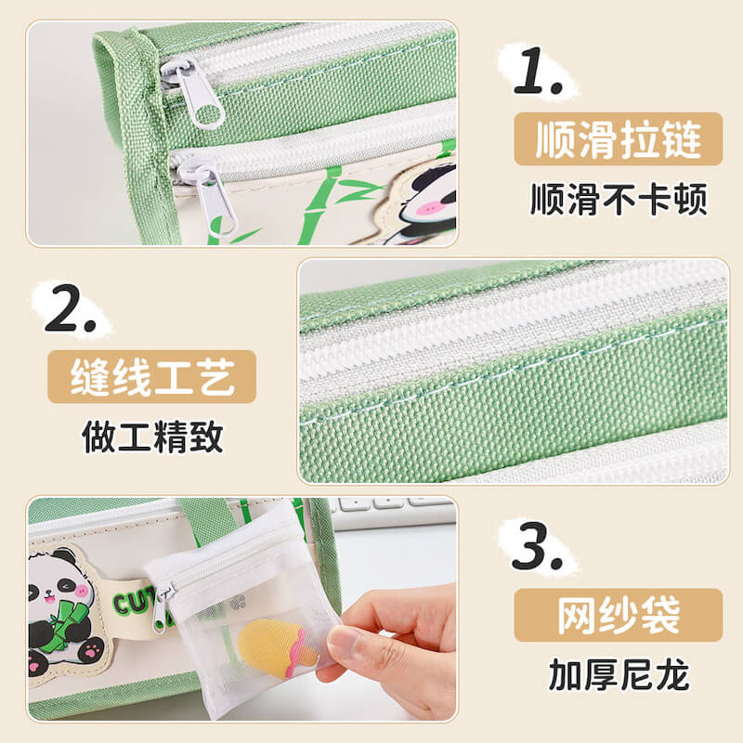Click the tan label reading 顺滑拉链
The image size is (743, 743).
[619, 139]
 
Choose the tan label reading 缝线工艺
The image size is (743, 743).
[152, 377]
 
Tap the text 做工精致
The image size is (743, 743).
[152, 437]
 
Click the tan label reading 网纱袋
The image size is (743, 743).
[619, 615]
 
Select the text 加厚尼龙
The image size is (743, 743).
[619, 675]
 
